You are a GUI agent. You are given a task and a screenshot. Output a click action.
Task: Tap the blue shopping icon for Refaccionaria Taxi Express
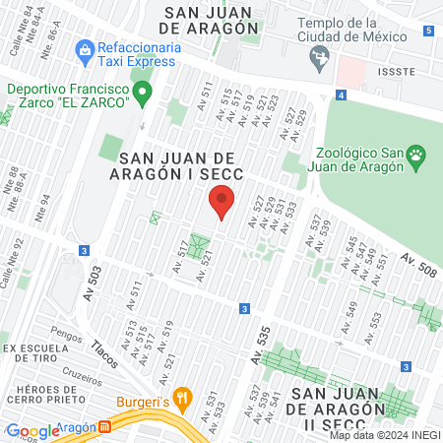point(85,48)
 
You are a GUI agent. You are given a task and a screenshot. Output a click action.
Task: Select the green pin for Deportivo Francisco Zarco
point(143,95)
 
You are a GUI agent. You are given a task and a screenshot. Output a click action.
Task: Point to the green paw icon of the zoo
point(417,154)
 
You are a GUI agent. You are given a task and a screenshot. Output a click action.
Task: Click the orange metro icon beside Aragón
point(104,428)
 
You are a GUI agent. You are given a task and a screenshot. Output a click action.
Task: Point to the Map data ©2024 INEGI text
point(384,435)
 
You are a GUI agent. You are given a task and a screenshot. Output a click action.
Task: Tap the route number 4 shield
point(341,95)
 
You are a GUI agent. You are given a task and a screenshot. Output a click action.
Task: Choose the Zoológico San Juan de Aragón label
point(362,159)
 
